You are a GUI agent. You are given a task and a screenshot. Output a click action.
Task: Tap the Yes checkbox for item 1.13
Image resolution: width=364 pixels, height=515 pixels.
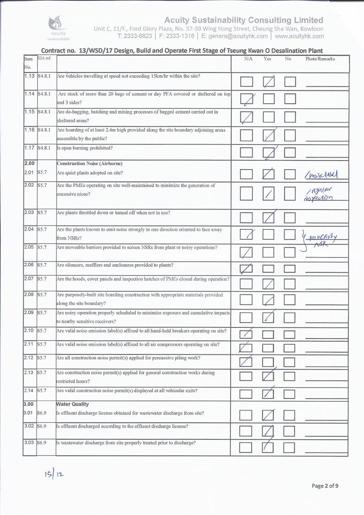coord(269,82)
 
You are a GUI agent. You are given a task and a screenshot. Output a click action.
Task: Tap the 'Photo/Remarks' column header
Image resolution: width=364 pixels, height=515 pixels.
coord(320,59)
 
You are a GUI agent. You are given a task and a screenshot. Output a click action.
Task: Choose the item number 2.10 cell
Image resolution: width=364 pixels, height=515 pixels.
coord(29,331)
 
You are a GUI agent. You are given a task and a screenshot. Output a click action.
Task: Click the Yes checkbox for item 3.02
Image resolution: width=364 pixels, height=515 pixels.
coord(269,431)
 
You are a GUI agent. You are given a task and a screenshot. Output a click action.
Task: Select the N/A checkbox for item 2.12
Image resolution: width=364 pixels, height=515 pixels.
coord(247,362)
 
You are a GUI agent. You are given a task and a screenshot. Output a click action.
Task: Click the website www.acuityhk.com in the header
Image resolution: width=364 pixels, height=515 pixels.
coord(299,36)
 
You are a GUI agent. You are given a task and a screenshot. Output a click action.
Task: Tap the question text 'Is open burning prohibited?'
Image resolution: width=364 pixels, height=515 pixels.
coord(87,148)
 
